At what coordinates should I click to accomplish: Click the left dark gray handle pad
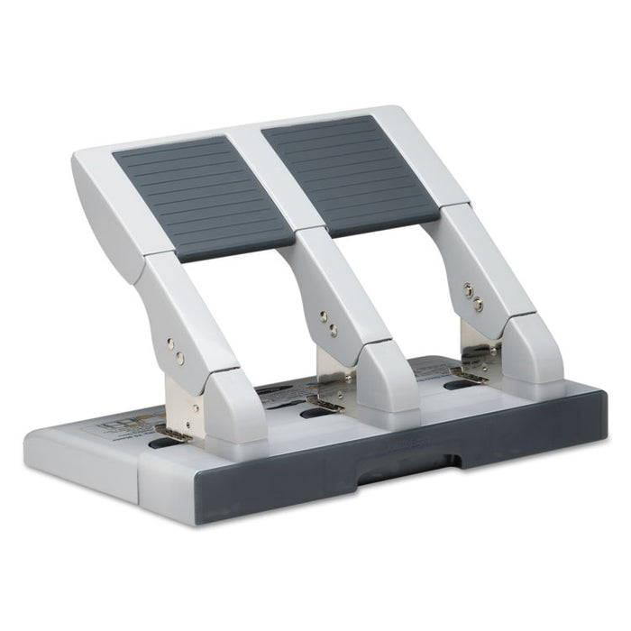click(200, 197)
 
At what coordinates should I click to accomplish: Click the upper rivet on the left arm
click(169, 343)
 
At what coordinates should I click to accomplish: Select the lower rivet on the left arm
click(180, 358)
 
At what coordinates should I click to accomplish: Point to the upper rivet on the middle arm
click(323, 316)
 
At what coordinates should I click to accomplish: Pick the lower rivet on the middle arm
click(333, 330)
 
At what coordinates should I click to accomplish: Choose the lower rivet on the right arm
click(478, 304)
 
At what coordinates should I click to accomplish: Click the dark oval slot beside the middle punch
click(313, 414)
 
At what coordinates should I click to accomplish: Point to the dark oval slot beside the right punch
click(458, 385)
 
